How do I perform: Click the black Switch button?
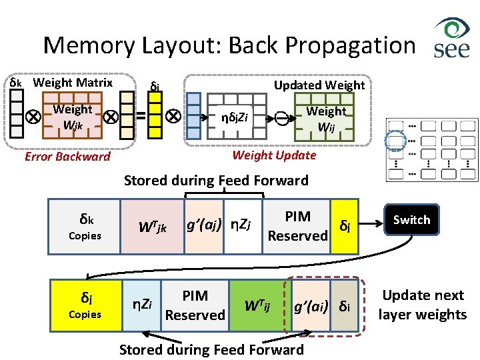(x=411, y=220)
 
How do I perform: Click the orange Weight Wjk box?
(x=73, y=117)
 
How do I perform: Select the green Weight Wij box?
(x=326, y=119)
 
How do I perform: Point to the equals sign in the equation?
(x=141, y=116)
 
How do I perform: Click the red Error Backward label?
(x=67, y=157)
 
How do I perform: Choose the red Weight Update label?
(x=274, y=155)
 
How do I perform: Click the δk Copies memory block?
(x=85, y=227)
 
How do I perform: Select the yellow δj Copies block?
(x=85, y=304)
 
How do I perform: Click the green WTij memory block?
(x=257, y=305)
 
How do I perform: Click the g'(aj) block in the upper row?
(x=203, y=227)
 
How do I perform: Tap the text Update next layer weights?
(x=423, y=305)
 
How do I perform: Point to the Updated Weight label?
(x=319, y=85)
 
